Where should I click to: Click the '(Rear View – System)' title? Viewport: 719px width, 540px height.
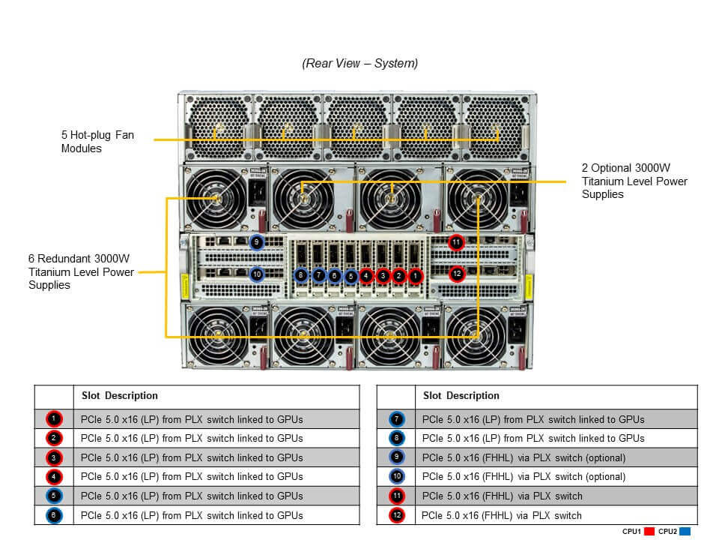[x=359, y=64]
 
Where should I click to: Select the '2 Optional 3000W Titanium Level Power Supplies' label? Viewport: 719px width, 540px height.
[x=634, y=181]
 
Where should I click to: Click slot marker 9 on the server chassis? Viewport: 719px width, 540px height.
[x=256, y=242]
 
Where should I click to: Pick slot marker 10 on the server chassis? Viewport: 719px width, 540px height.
[x=256, y=274]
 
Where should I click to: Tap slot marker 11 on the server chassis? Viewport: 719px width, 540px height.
[x=456, y=242]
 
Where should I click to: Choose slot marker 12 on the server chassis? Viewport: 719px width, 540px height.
[x=456, y=274]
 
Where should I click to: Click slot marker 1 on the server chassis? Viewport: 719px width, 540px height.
[x=416, y=276]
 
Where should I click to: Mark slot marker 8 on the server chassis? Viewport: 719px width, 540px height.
[x=301, y=276]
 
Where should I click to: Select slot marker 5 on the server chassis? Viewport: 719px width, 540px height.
[x=351, y=276]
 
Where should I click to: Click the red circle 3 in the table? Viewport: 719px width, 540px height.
[x=54, y=457]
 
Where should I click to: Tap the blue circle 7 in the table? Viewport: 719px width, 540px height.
[x=396, y=419]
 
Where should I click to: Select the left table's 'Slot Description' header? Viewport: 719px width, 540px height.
[x=119, y=395]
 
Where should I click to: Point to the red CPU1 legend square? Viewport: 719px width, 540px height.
[x=649, y=531]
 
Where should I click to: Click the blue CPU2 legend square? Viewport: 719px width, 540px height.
[x=685, y=531]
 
